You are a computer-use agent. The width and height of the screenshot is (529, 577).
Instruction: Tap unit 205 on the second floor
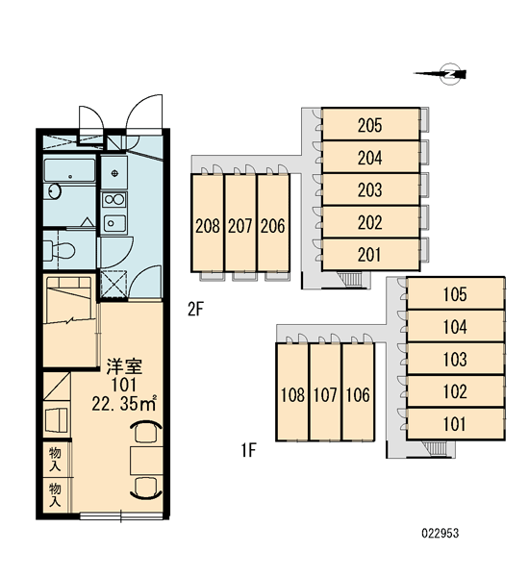tap(370, 124)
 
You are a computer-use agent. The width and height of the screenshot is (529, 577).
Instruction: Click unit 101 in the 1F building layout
tap(455, 424)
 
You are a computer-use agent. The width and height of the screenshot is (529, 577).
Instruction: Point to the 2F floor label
tap(195, 309)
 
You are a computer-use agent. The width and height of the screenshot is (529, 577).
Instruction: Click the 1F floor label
tap(249, 450)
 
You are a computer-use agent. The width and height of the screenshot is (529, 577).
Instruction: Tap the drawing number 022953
tap(441, 533)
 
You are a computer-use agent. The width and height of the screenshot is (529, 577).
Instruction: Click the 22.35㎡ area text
tap(124, 403)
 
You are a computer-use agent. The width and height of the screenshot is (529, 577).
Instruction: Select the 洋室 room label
tap(124, 366)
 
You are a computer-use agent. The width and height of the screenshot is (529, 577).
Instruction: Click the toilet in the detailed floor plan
tap(59, 250)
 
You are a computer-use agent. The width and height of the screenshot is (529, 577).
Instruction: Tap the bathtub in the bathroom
tap(69, 170)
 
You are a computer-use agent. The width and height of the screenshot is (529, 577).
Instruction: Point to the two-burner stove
tap(114, 200)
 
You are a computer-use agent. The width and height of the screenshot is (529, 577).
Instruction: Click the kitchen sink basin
tap(114, 223)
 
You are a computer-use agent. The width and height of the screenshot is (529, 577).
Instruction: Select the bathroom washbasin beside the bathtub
tap(55, 191)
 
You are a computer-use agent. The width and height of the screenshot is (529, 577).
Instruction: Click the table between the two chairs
tap(146, 461)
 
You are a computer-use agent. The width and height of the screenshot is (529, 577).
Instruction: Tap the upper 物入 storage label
tap(55, 460)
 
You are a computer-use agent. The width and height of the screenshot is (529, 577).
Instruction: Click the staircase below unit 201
tap(351, 280)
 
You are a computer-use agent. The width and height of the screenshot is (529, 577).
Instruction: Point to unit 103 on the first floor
tap(455, 359)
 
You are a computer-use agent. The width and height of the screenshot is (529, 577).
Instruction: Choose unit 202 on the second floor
tap(370, 222)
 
